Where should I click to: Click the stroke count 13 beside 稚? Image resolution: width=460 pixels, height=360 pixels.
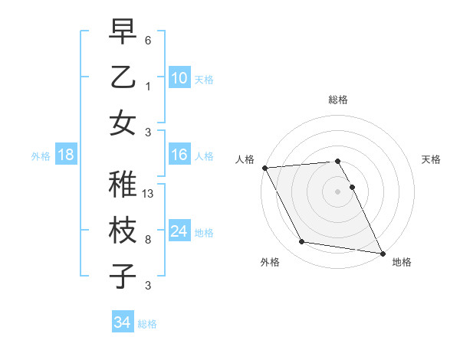click(149, 194)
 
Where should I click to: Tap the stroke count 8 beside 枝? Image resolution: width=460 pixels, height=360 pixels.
click(149, 240)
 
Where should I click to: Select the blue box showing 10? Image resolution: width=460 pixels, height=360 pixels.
click(179, 78)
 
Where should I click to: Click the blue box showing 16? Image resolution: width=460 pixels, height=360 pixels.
click(179, 155)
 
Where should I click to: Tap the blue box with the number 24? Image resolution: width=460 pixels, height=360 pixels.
click(179, 231)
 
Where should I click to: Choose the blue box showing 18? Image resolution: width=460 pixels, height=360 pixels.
click(66, 155)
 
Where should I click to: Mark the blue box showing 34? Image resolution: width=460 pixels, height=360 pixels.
click(122, 322)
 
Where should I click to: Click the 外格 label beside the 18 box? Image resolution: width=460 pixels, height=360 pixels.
click(41, 156)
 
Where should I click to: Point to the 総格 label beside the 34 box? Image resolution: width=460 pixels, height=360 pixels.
click(147, 324)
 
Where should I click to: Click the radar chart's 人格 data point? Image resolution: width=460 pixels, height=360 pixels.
click(264, 168)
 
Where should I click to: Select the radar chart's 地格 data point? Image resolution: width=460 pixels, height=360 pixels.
click(382, 253)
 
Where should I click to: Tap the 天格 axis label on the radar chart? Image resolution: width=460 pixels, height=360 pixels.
click(431, 159)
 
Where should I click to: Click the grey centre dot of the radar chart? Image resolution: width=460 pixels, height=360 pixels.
click(337, 191)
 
